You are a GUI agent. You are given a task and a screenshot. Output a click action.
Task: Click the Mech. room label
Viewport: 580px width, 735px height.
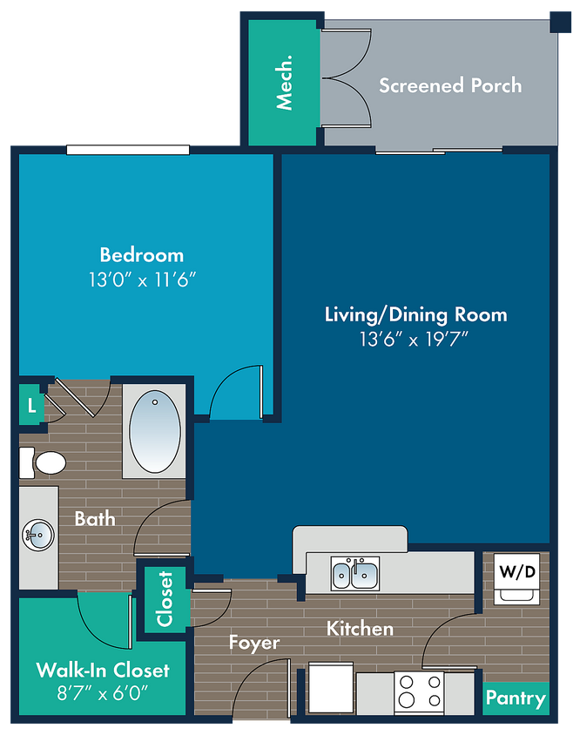click(284, 83)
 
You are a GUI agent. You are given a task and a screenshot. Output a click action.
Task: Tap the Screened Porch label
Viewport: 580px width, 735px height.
click(450, 85)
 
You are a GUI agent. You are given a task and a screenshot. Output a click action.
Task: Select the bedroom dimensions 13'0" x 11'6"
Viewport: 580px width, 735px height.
click(142, 280)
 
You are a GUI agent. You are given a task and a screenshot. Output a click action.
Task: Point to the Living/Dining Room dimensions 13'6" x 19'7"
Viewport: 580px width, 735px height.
click(414, 339)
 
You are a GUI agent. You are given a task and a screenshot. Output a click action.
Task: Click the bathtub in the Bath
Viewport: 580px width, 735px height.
click(155, 431)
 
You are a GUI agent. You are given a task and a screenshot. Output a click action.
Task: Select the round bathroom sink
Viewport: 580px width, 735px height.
click(38, 535)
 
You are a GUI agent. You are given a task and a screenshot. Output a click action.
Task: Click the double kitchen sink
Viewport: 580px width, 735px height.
click(355, 573)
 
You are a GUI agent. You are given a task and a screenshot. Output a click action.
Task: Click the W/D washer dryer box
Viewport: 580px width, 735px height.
click(517, 579)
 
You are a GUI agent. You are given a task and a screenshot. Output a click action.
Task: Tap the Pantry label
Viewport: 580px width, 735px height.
click(516, 698)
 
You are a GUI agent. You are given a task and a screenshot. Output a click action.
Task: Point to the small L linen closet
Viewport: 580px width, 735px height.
click(31, 405)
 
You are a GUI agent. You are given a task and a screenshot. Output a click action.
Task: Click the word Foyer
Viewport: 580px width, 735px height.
click(254, 643)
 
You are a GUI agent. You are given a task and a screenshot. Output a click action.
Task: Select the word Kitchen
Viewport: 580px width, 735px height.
click(360, 629)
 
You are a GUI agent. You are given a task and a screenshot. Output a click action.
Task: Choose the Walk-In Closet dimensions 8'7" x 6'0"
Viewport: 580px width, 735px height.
click(102, 692)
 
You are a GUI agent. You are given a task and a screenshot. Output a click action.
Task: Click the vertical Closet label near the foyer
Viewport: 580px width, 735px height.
click(165, 598)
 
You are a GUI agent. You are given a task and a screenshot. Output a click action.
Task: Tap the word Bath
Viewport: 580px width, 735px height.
click(95, 519)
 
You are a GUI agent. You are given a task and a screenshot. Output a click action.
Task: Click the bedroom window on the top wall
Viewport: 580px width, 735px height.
click(128, 150)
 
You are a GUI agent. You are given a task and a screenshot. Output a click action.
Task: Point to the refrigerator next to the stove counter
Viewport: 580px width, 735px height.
click(331, 688)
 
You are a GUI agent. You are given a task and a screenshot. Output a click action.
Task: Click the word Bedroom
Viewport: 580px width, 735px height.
click(142, 255)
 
